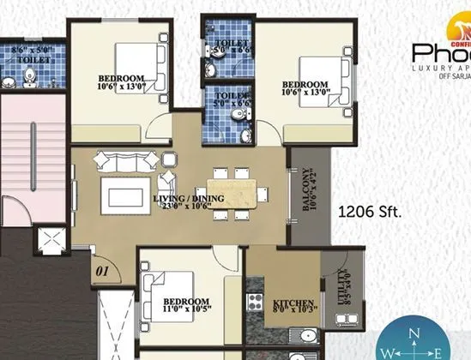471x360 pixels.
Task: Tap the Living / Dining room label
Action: [x=189, y=199]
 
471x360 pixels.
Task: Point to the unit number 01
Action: [x=104, y=272]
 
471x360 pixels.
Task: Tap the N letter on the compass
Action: [x=414, y=335]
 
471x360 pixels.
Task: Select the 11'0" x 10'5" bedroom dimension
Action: [x=186, y=310]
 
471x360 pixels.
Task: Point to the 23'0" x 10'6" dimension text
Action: [x=189, y=207]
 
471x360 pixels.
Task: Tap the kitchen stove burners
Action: [x=255, y=301]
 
